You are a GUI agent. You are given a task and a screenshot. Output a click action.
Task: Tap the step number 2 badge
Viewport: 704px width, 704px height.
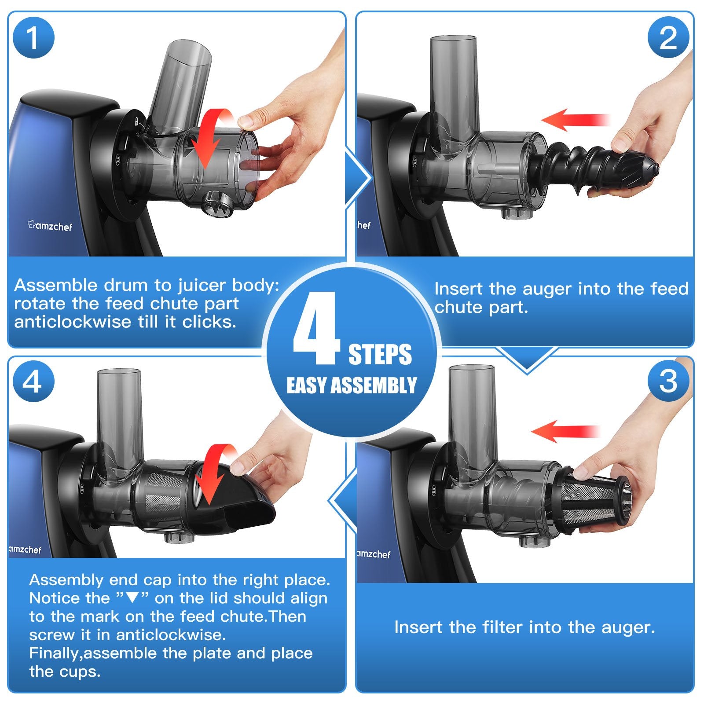click(668, 38)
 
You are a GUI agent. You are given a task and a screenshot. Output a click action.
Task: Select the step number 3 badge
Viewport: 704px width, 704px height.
click(668, 381)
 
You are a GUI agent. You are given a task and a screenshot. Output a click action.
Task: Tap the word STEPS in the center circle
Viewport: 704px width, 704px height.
click(380, 355)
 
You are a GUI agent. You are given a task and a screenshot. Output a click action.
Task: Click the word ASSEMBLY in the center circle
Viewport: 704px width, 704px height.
click(374, 385)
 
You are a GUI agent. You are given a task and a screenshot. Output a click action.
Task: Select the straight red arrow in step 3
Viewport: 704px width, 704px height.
click(565, 431)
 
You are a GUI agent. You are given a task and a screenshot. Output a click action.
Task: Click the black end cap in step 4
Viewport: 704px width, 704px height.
click(235, 502)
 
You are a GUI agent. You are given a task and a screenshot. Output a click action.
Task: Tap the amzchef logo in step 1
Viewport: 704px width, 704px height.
click(49, 226)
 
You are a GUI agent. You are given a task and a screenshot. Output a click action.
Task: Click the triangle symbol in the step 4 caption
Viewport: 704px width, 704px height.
click(132, 598)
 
